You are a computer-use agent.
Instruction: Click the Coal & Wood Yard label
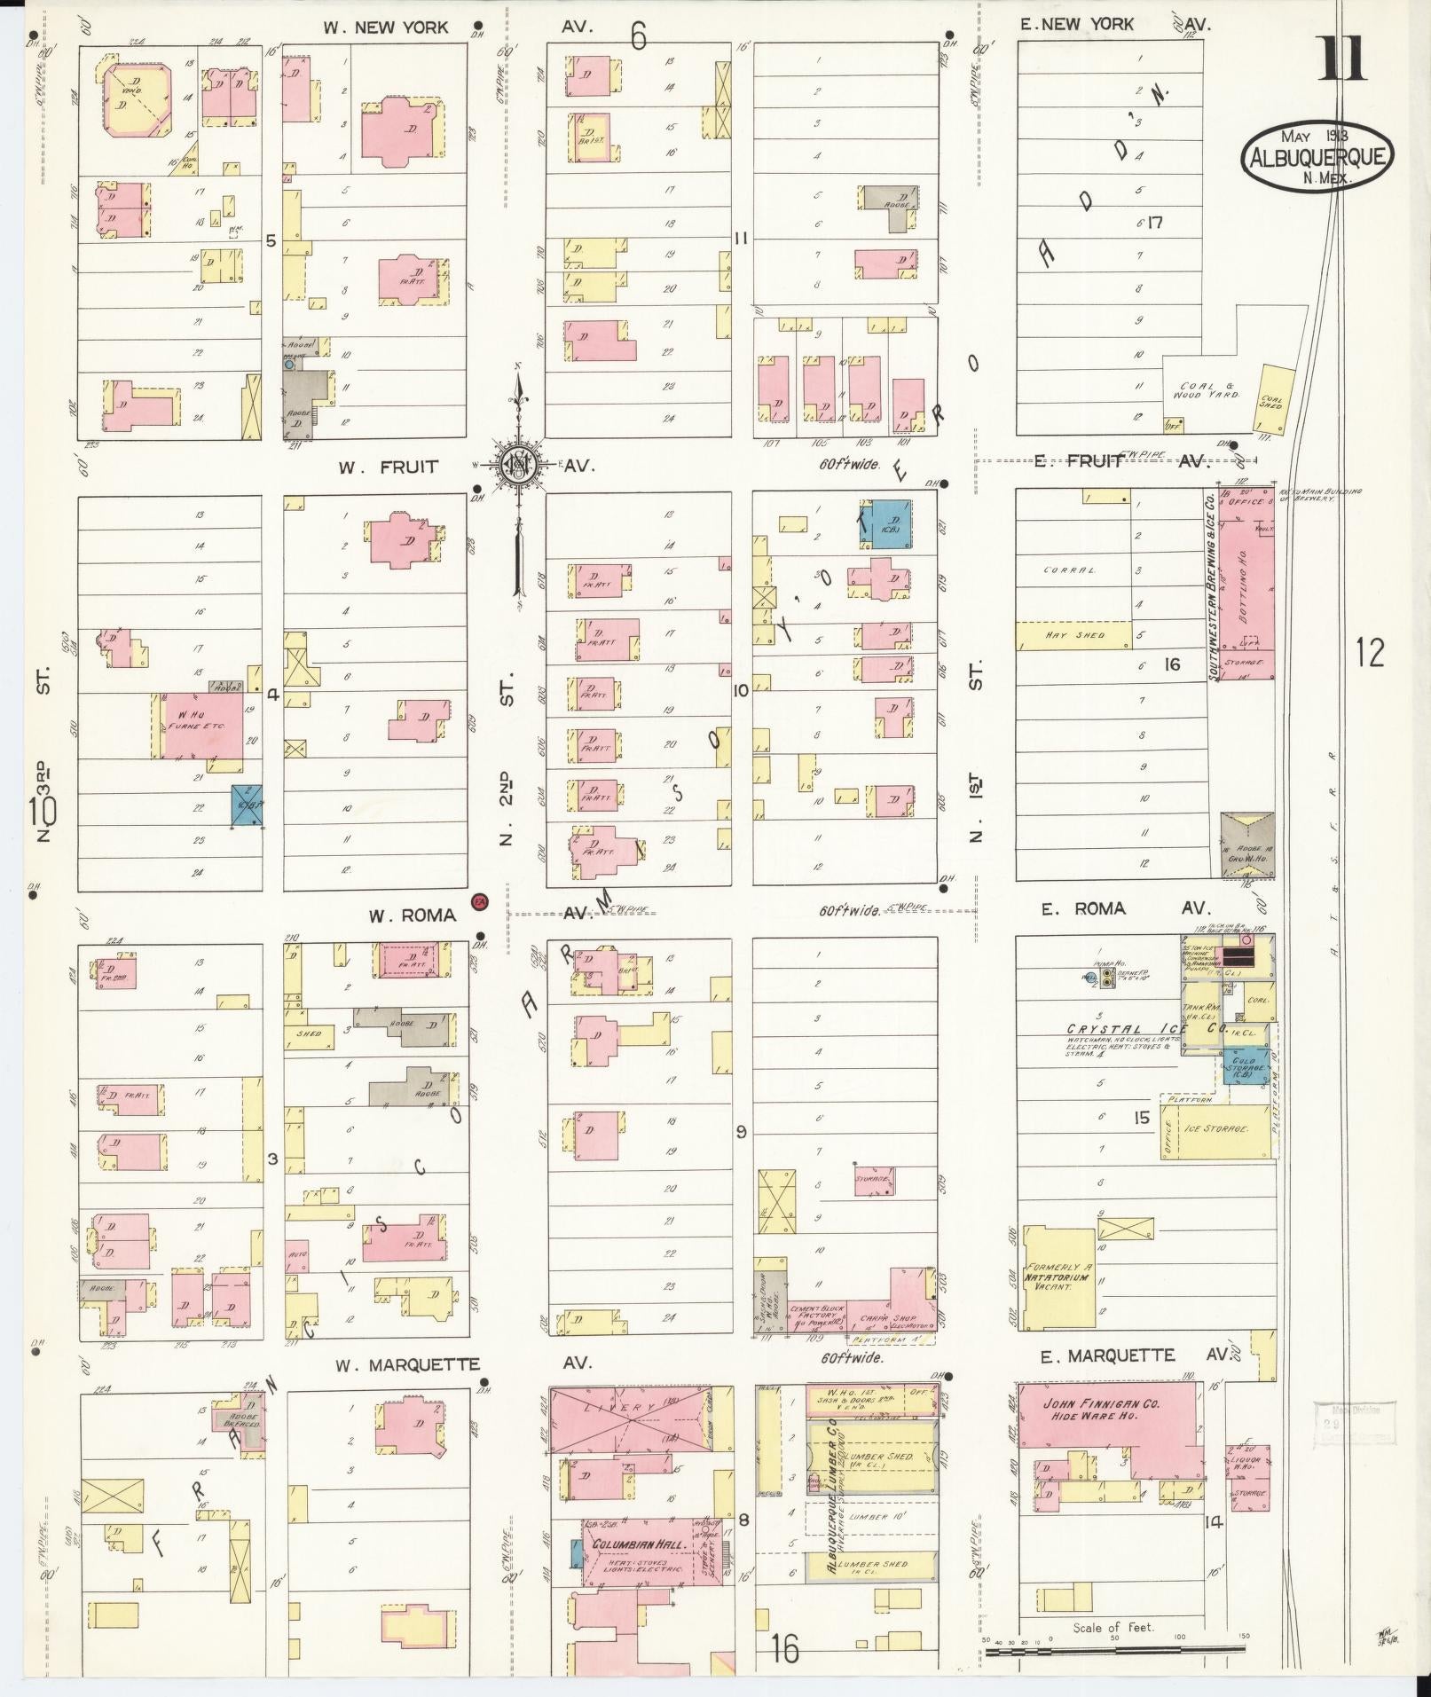tap(1209, 391)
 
